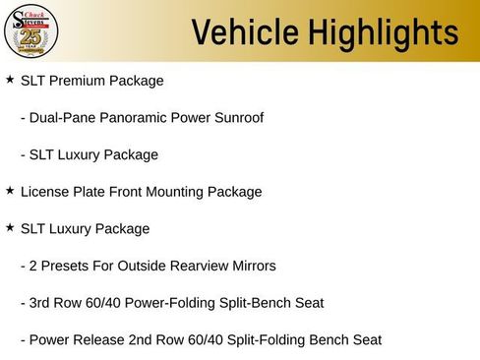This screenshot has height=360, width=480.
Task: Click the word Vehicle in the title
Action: (236, 31)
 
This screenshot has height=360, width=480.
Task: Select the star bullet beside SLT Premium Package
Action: (10, 80)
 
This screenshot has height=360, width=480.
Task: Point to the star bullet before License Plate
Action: (10, 191)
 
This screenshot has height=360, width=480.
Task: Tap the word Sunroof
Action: (237, 118)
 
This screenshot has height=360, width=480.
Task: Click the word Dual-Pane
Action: (63, 118)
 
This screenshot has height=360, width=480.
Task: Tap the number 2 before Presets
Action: (33, 266)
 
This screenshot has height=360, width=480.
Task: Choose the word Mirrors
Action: (250, 266)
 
